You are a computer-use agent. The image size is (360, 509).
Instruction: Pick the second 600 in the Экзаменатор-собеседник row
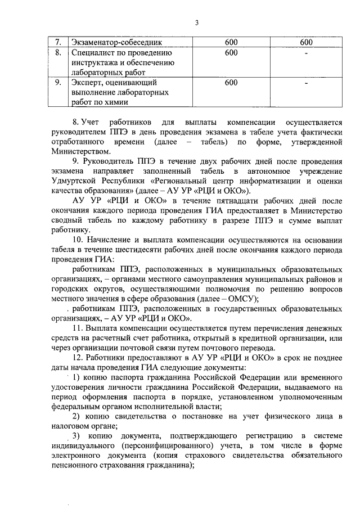[306, 42]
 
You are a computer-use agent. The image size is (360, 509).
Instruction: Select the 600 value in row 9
[231, 82]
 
